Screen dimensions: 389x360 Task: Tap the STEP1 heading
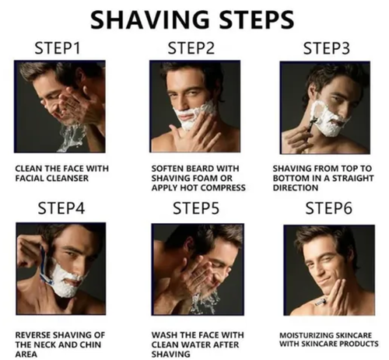coord(58,48)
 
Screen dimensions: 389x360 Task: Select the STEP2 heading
coord(191,48)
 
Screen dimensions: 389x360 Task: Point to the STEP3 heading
coord(327,48)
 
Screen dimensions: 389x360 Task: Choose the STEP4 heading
coord(61,208)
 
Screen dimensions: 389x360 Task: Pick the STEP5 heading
coord(196,208)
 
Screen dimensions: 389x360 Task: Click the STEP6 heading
coord(329,208)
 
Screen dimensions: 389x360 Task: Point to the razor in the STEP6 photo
coord(322,302)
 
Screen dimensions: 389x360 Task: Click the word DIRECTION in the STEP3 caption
coord(296,187)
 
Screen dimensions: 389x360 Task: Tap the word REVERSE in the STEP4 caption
coord(33,335)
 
